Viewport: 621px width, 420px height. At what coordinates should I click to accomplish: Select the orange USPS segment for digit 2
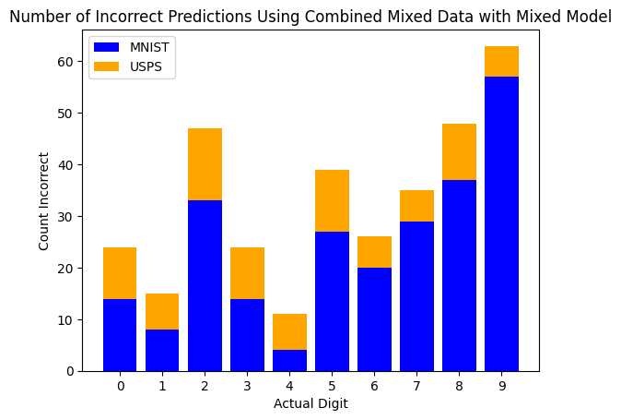205,164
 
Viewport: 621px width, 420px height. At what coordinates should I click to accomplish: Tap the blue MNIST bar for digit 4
289,360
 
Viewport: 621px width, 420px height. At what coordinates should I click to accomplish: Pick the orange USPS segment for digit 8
459,151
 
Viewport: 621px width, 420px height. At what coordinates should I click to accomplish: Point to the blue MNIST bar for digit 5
332,301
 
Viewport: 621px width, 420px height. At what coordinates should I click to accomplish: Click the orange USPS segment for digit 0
120,273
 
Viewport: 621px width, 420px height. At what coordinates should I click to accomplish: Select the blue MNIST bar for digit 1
162,350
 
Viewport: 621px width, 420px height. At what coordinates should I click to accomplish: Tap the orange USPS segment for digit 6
374,252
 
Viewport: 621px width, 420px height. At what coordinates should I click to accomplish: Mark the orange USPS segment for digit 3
247,273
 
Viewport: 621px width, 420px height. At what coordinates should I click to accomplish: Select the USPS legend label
146,67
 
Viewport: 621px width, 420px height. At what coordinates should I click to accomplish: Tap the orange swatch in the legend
107,67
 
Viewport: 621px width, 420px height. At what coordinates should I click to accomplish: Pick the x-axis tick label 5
332,385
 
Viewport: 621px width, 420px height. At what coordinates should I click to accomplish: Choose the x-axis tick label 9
501,385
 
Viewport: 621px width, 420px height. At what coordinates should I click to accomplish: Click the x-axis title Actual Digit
310,403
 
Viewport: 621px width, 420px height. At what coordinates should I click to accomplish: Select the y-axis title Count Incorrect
44,200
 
